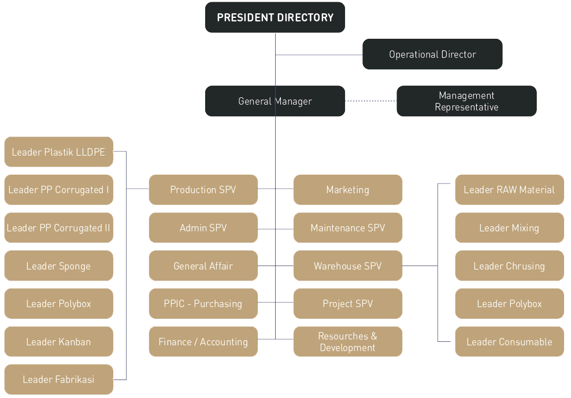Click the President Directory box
click(x=275, y=17)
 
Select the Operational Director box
click(x=432, y=54)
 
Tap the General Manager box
click(x=275, y=101)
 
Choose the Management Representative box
click(x=466, y=101)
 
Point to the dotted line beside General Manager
click(x=370, y=101)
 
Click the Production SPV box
click(x=203, y=190)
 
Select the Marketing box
click(x=347, y=190)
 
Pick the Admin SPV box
click(x=203, y=228)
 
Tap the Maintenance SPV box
click(x=347, y=228)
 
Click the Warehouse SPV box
click(x=347, y=266)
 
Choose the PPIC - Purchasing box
click(x=203, y=304)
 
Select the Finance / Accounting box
click(x=203, y=342)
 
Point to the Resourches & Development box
click(x=347, y=342)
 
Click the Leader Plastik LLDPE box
click(x=58, y=152)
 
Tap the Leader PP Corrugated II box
click(x=58, y=228)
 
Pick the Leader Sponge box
click(x=58, y=266)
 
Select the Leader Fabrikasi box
click(x=58, y=379)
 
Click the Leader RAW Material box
click(x=509, y=190)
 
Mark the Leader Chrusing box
click(x=509, y=266)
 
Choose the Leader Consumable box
click(x=509, y=342)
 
